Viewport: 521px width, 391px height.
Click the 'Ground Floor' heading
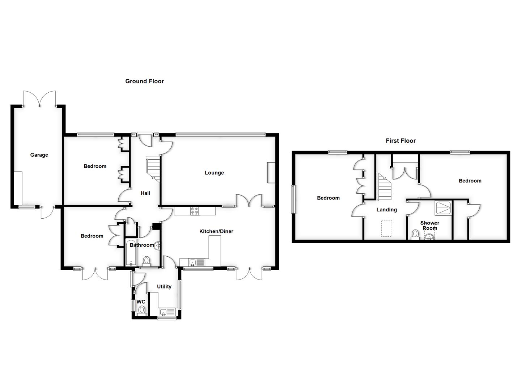tap(144, 81)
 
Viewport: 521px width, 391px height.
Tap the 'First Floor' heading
tap(401, 141)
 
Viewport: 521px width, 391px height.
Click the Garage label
tap(39, 155)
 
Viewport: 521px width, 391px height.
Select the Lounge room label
tap(214, 173)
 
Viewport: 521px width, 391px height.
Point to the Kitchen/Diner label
tap(216, 231)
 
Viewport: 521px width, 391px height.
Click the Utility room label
tap(164, 286)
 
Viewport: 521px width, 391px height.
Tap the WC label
tap(141, 302)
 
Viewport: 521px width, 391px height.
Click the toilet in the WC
tap(141, 310)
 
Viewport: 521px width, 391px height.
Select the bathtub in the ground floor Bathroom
tap(130, 253)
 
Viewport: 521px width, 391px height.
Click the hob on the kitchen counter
tap(195, 211)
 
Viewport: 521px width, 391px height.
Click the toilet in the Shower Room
tap(415, 234)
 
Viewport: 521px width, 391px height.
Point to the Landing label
tap(386, 210)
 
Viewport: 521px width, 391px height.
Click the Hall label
tap(145, 193)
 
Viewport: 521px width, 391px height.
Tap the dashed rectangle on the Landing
tap(387, 228)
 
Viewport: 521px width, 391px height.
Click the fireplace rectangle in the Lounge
tap(271, 173)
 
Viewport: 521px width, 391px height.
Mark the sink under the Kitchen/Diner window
tap(193, 262)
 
